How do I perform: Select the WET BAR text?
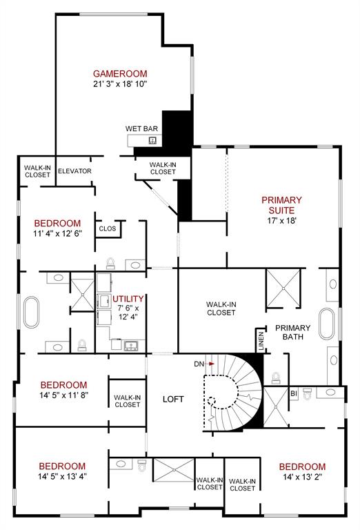coord(142,128)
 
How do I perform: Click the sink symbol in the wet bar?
coord(153,141)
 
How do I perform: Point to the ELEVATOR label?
coord(74,171)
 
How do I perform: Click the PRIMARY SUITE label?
coord(281,205)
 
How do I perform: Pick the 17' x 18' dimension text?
coord(281,221)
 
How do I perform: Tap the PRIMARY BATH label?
coord(292,333)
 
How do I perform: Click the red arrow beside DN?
coord(212,363)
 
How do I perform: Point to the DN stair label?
coord(199,363)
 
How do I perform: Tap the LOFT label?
coord(172,399)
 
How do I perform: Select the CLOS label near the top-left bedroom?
coord(107,228)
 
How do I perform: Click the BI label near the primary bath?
coord(292,393)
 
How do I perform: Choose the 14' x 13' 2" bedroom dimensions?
coord(302,476)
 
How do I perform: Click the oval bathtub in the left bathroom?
coord(32,311)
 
